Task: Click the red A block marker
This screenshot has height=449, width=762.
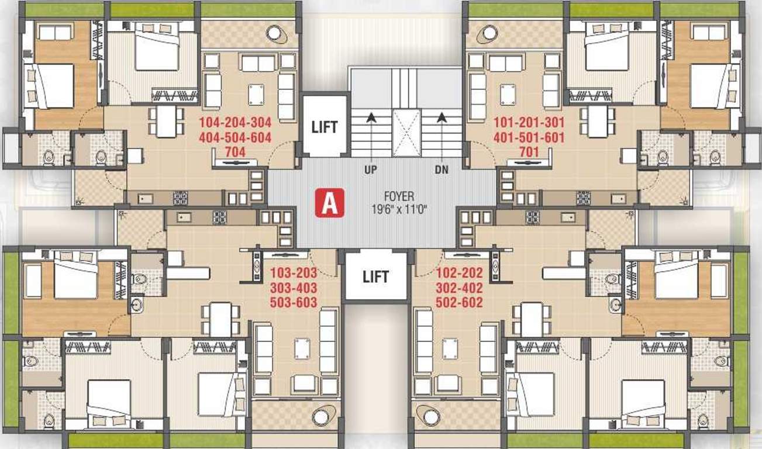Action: [330, 203]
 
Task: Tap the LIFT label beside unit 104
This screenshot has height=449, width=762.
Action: [325, 127]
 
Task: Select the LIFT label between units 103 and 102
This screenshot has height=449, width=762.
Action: [375, 277]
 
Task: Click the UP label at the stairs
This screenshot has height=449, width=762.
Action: [370, 170]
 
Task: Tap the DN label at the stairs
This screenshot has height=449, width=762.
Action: [442, 170]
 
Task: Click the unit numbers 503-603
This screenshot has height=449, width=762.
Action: [294, 302]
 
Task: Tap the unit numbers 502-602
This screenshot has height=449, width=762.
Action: [460, 302]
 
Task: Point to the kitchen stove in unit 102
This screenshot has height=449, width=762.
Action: [532, 217]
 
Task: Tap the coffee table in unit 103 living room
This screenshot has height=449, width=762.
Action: [302, 349]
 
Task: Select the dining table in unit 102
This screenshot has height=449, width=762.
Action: [532, 319]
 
